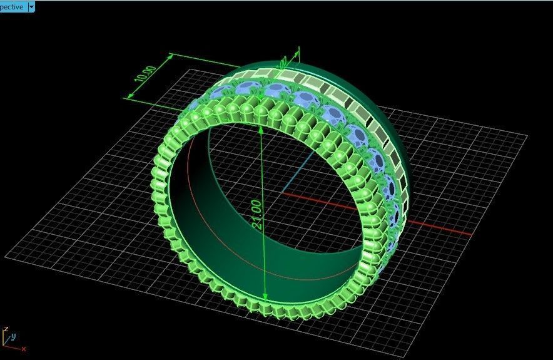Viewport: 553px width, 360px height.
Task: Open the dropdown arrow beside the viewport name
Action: coord(31,7)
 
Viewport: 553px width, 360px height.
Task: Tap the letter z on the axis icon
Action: coord(6,328)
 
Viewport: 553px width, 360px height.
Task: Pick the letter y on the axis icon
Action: coord(13,335)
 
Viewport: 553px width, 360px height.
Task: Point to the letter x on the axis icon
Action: coord(23,348)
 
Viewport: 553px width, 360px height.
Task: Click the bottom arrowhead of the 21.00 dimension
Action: coord(266,297)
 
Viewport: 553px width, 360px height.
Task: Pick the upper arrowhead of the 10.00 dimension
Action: coord(172,57)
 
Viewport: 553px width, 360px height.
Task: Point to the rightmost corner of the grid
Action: coord(527,136)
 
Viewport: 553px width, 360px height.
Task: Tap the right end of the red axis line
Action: coord(470,235)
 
